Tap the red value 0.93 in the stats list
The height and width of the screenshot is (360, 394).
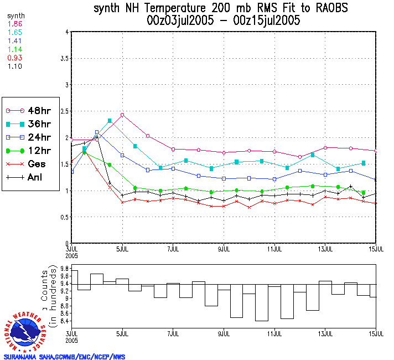tap(15, 58)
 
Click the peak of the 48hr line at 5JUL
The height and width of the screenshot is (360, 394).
tap(122, 115)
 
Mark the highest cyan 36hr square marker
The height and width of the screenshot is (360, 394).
tap(110, 121)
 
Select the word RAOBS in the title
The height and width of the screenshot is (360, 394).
tap(329, 9)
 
